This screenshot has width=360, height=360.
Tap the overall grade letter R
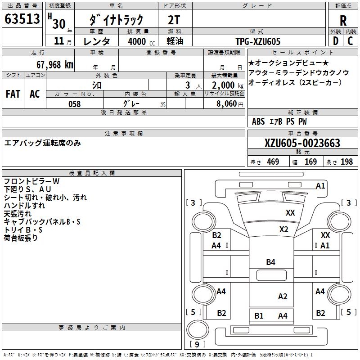click(343, 21)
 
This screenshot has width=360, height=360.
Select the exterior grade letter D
click(335, 41)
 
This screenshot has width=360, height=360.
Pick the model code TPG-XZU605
click(258, 41)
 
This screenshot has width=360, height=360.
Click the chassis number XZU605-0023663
click(302, 143)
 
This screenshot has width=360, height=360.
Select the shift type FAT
click(13, 94)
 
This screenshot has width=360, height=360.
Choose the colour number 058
click(74, 104)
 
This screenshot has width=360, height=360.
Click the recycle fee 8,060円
click(230, 104)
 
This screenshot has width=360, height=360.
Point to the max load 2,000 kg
click(228, 85)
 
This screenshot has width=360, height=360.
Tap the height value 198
click(346, 162)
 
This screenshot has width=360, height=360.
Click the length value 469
click(273, 162)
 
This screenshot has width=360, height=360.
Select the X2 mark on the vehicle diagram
click(283, 229)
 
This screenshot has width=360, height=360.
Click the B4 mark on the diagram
click(270, 262)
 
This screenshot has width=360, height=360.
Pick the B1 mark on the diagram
click(259, 315)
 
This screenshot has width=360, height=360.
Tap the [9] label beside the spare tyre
click(197, 344)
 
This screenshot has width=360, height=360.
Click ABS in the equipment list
click(258, 121)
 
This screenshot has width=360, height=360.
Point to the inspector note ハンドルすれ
click(24, 205)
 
